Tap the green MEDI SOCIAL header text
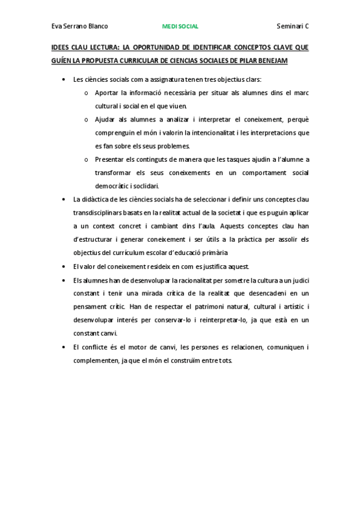[180, 26]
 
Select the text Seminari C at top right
[293, 26]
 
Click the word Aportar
[106, 93]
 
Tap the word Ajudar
[105, 119]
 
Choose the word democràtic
[113, 186]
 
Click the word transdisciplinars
[97, 212]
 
